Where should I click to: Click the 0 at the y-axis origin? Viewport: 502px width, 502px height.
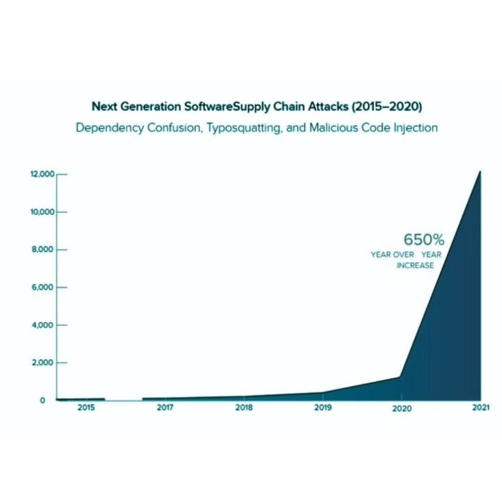pyautogui.click(x=43, y=401)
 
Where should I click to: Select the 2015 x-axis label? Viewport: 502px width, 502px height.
pyautogui.click(x=86, y=408)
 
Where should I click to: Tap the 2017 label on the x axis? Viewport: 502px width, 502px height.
pyautogui.click(x=165, y=408)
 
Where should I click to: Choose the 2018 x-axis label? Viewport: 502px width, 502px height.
pyautogui.click(x=244, y=408)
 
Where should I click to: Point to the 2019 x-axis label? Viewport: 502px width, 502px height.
pyautogui.click(x=323, y=408)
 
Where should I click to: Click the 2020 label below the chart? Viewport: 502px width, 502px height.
pyautogui.click(x=402, y=409)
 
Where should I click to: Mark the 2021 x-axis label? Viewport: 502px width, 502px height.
pyautogui.click(x=480, y=409)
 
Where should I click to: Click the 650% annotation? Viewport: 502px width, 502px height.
pyautogui.click(x=424, y=240)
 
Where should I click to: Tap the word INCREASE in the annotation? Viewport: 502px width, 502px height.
pyautogui.click(x=415, y=265)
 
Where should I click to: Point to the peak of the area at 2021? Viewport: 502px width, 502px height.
pyautogui.click(x=480, y=172)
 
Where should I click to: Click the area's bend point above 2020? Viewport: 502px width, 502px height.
pyautogui.click(x=401, y=376)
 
